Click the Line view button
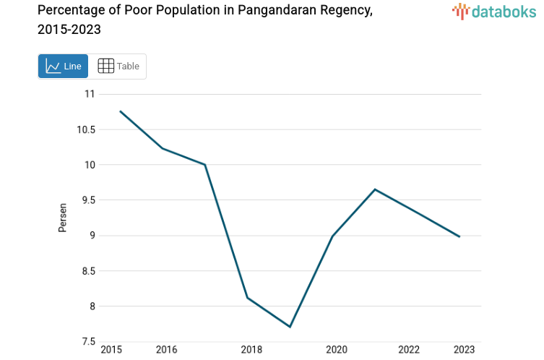pos(63,67)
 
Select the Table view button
pos(118,67)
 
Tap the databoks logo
pos(493,11)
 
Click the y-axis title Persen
pos(63,218)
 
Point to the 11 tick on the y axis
pos(90,94)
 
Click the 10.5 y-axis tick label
pos(85,129)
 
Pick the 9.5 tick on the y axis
pos(87,200)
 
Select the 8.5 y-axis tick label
pos(87,271)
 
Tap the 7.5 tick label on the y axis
pos(87,342)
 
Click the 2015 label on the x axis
pos(111,350)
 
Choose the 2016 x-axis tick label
pos(166,350)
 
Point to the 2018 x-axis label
pos(251,350)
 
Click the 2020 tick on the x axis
pos(336,350)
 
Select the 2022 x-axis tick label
pos(409,350)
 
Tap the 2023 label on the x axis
pos(464,350)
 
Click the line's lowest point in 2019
pos(290,327)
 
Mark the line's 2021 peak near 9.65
pos(374,189)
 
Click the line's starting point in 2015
pos(120,111)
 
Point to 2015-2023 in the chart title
pos(69,30)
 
